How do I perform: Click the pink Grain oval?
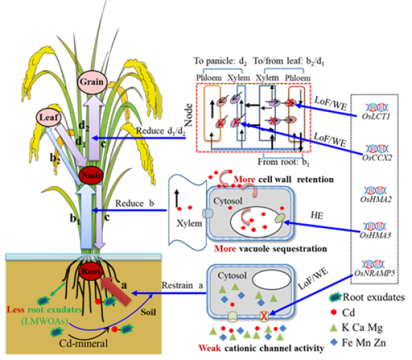pos(91,82)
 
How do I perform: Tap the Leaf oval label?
pos(47,117)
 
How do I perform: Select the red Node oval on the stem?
pos(90,175)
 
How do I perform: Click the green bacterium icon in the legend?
pos(336,297)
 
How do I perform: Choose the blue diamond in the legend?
pos(334,341)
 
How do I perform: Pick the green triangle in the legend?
pos(334,328)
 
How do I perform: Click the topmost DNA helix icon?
pos(376,107)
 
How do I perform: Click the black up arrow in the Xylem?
pos(178,195)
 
